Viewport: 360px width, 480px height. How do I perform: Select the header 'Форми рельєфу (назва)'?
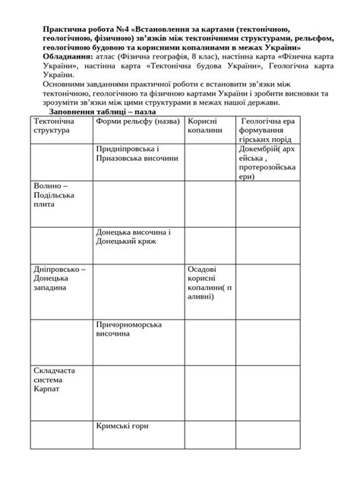click(137, 122)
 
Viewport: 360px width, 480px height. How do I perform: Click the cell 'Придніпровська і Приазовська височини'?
click(137, 154)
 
